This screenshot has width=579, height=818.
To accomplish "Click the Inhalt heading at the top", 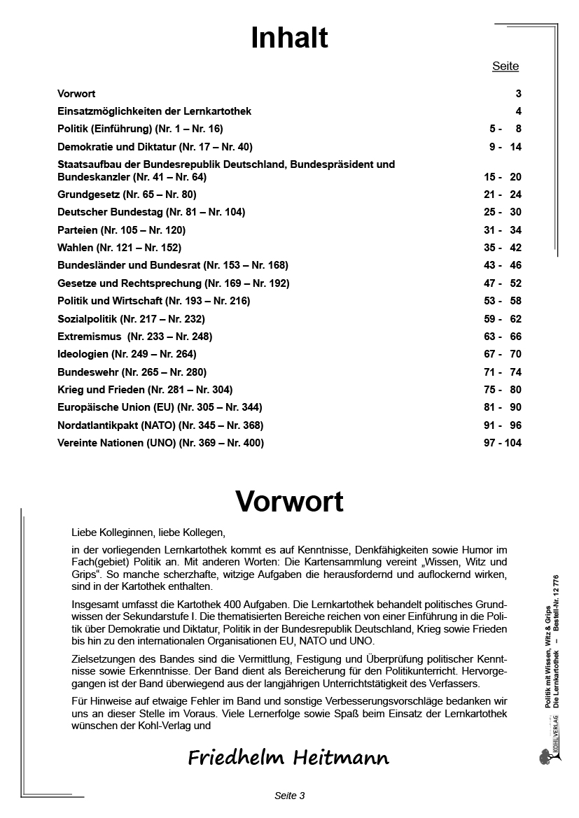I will point(289,39).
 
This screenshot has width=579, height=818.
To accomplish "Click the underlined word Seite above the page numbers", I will point(505,66).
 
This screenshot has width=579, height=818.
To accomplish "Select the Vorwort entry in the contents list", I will point(76,93).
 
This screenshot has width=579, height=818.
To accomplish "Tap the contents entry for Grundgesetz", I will point(127,195).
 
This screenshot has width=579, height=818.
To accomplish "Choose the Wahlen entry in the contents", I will point(119,247).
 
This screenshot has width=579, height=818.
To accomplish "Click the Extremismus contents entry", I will point(134,336).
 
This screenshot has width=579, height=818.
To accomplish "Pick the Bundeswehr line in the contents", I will point(132,372).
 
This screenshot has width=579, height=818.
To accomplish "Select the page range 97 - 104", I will point(502,442).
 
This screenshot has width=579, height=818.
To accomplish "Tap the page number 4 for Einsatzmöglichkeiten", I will point(518,111).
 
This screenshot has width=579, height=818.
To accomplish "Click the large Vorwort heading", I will point(289,501).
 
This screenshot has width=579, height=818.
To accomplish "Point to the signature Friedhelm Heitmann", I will point(288,757).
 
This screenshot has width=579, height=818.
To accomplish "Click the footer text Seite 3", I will point(289,796).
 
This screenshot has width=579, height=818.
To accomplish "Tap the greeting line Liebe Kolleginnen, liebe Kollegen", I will point(148,533).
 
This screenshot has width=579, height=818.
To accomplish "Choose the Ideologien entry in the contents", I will point(127,354).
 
